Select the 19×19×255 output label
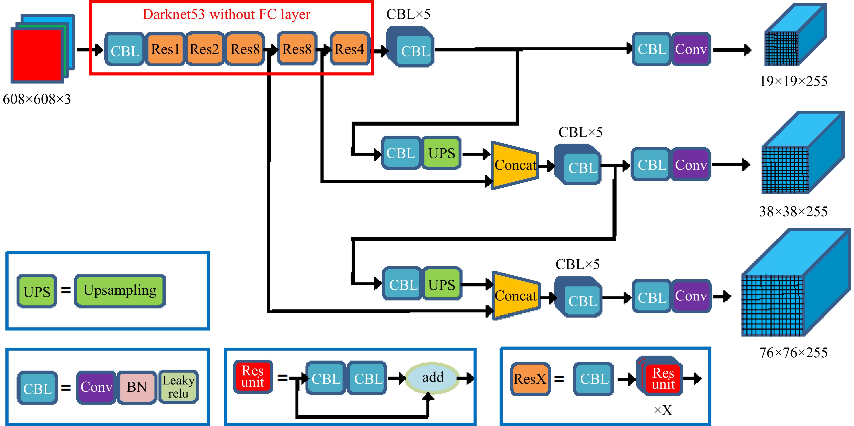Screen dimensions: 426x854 tap(793, 81)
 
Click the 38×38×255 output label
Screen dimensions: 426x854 tap(793, 211)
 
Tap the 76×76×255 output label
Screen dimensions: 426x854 tap(793, 352)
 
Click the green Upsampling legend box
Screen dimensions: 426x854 tap(120, 291)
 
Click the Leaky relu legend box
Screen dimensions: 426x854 tap(178, 386)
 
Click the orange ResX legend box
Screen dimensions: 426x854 tap(530, 379)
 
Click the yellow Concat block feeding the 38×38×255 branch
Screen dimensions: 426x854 tap(514, 165)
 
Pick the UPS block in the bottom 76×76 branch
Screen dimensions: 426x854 tap(442, 284)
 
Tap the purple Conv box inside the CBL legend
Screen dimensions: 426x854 tap(96, 386)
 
